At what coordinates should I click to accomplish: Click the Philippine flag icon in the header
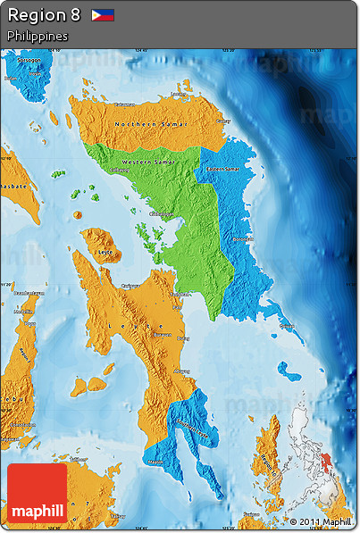coord(103,15)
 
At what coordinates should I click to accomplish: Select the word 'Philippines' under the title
coord(38,36)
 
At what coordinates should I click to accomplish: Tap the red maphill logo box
coord(37,493)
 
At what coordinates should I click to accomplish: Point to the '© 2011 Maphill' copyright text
coord(320,522)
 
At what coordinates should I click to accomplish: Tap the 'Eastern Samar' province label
coord(222,169)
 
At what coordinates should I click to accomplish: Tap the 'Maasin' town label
coord(156,462)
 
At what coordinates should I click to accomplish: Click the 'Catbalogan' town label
coord(161,214)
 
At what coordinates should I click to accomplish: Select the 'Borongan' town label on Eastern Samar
coord(241,239)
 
